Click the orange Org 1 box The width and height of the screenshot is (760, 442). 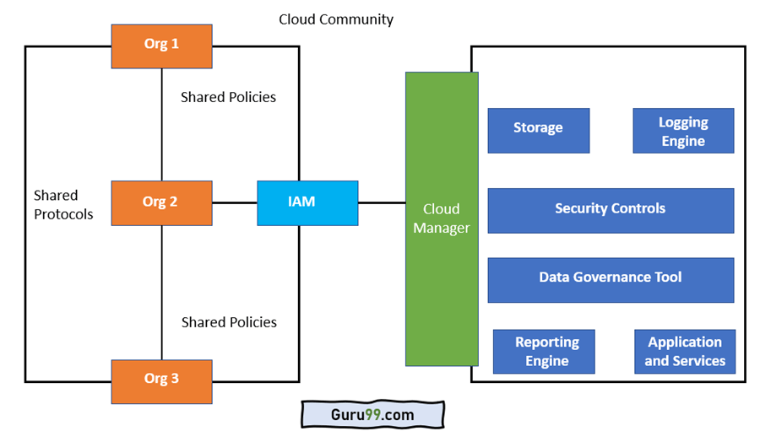tap(161, 46)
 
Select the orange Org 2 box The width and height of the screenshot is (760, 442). tap(161, 202)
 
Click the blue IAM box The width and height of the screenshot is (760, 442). tap(307, 203)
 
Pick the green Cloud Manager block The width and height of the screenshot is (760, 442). tap(442, 218)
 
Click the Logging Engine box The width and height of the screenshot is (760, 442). tap(683, 131)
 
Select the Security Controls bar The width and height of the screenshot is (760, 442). tap(611, 209)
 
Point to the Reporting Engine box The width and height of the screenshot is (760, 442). tap(544, 352)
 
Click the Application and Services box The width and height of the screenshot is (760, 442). tap(685, 352)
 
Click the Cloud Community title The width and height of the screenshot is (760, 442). tap(336, 19)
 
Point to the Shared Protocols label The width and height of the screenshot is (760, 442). tap(62, 205)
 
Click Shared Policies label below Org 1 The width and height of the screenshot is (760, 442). tap(228, 97)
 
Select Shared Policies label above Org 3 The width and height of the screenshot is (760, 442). tap(229, 322)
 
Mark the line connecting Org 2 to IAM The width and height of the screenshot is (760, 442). tap(235, 203)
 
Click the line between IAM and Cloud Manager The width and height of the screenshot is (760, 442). tap(382, 203)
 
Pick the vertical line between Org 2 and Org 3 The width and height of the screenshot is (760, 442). tap(161, 292)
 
